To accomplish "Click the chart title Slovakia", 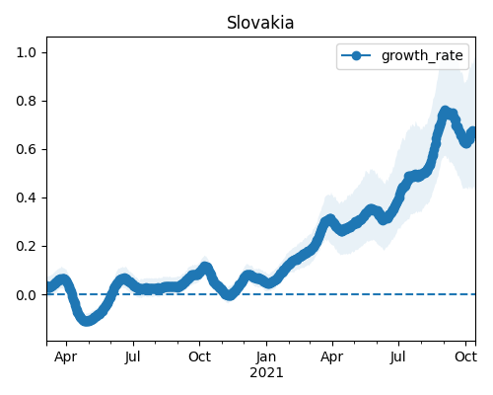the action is [x=260, y=23].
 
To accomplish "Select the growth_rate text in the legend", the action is [x=422, y=55].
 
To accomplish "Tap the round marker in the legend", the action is [x=356, y=55].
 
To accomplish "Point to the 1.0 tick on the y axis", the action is [x=26, y=52].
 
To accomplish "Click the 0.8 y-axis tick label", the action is [x=26, y=101].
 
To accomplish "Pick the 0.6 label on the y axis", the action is [x=26, y=149].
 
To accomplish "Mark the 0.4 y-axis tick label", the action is [x=26, y=197].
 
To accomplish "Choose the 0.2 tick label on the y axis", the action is [x=26, y=246].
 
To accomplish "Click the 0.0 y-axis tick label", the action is [x=26, y=295].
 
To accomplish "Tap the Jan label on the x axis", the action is [x=266, y=356].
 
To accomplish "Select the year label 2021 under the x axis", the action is [x=266, y=373].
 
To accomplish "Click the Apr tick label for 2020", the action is [x=66, y=357].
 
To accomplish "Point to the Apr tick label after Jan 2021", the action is [x=332, y=357].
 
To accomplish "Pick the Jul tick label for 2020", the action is [x=133, y=356].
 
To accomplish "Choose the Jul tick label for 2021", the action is [x=398, y=356].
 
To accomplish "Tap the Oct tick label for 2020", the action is [x=199, y=356].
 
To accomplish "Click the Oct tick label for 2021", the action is [x=465, y=356].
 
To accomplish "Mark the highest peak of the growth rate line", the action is [x=446, y=112].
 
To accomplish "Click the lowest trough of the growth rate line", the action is [x=86, y=321].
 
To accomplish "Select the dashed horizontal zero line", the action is [x=261, y=294].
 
